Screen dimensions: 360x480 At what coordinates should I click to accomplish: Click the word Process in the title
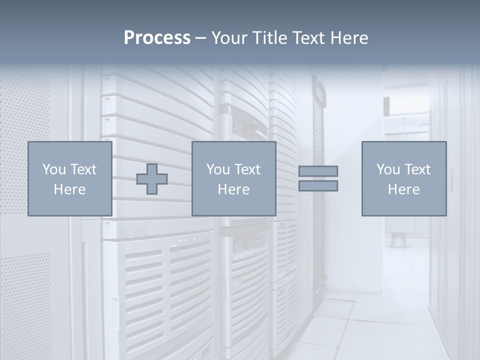[157, 38]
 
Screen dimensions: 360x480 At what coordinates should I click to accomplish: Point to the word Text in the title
[312, 38]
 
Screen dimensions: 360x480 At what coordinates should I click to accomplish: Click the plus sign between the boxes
[152, 179]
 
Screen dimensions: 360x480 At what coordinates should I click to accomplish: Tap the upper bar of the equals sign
[318, 171]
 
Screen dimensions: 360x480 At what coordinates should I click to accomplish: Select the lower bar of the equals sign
[318, 185]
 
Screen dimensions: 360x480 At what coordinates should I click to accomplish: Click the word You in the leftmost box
[54, 169]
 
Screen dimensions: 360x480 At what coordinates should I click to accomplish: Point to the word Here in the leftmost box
[70, 189]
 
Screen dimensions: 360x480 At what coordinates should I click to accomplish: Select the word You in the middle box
[218, 169]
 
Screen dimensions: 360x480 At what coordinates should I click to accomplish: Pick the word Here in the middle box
[234, 189]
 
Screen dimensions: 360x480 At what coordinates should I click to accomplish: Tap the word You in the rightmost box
[388, 169]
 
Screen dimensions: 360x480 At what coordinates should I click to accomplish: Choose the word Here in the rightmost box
[404, 189]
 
